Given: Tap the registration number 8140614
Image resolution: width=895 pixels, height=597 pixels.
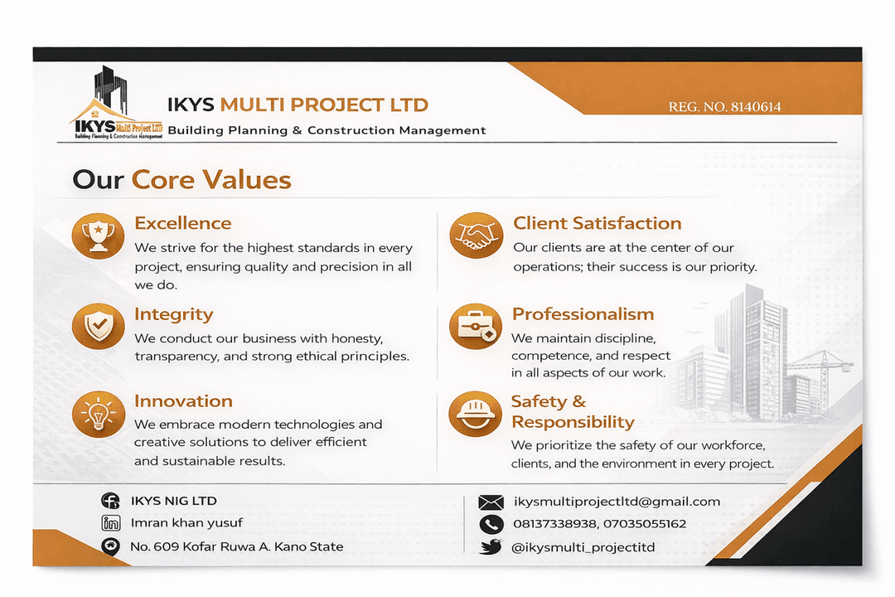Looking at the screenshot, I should click(724, 107).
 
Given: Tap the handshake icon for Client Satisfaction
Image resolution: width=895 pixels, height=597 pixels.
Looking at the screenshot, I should click(476, 235).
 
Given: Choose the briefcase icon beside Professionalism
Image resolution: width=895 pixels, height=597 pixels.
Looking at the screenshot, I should click(476, 326).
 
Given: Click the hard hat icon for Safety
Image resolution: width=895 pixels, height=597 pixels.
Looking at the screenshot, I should click(475, 414).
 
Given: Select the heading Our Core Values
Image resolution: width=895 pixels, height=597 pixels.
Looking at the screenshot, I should click(181, 180).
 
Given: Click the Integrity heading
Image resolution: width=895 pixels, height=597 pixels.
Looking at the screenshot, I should click(174, 314).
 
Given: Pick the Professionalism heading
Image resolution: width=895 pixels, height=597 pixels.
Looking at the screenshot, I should click(583, 314).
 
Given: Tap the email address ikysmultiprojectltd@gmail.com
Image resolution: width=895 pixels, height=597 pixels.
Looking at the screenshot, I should click(617, 502).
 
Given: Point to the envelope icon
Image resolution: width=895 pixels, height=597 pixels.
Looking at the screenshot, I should click(491, 502).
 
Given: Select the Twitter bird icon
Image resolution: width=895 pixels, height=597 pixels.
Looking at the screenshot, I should click(491, 547).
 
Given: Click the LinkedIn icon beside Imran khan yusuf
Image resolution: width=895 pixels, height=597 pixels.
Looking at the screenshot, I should click(110, 523).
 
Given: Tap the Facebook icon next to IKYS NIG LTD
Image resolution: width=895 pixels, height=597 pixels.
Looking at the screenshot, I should click(110, 501).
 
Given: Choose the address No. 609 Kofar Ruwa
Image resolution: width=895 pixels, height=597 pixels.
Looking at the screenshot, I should click(236, 546).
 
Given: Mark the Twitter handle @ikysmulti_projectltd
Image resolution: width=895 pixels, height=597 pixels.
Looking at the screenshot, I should click(583, 547).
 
